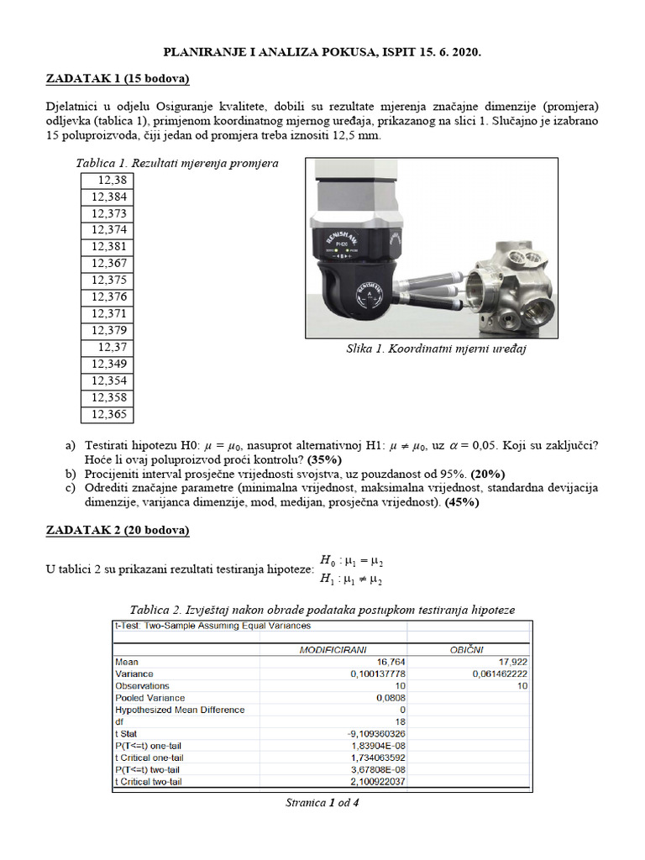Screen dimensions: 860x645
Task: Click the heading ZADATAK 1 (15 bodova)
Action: point(117,79)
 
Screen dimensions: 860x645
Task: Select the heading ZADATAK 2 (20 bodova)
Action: point(117,530)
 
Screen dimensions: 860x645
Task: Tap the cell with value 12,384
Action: point(107,197)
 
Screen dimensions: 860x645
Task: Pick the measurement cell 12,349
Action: point(107,364)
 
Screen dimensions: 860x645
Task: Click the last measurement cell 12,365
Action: point(107,414)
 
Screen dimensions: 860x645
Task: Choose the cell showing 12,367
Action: point(107,263)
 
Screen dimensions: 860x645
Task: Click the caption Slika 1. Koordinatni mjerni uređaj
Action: point(436,348)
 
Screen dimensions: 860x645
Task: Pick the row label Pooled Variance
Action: point(149,697)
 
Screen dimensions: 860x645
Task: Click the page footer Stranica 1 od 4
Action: point(322,803)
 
